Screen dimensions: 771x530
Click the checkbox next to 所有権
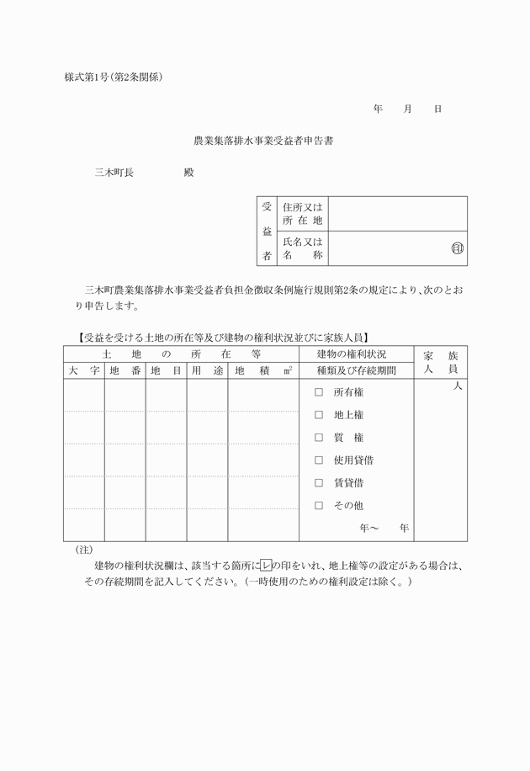click(319, 392)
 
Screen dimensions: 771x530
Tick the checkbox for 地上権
click(319, 415)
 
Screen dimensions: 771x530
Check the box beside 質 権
click(319, 438)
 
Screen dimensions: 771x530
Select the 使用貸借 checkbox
click(319, 460)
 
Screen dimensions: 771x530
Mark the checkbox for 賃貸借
click(319, 483)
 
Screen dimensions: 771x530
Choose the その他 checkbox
click(319, 506)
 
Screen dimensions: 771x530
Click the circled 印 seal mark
click(458, 249)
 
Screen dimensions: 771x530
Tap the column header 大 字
click(84, 370)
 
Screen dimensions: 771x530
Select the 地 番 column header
click(125, 370)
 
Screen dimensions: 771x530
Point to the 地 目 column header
click(166, 370)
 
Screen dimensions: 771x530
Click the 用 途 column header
click(207, 370)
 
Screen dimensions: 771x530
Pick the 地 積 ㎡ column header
click(263, 370)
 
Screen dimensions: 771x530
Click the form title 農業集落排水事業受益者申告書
click(264, 141)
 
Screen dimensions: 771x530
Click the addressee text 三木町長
click(114, 173)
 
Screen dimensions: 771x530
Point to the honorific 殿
click(188, 173)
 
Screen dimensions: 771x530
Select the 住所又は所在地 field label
click(303, 214)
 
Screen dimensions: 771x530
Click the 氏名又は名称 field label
click(303, 248)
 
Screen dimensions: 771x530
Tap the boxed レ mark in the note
click(267, 565)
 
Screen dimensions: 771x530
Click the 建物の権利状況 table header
click(356, 354)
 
